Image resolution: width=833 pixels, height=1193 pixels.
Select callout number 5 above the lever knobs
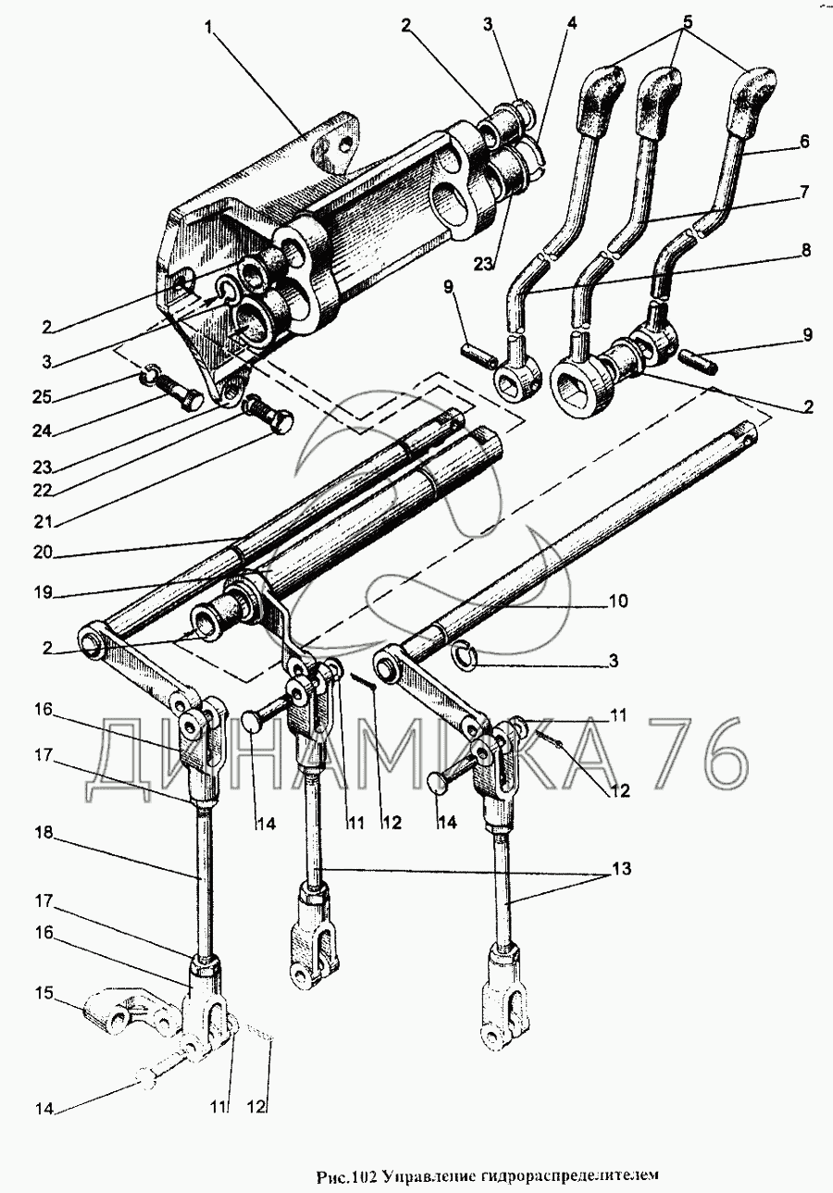click(686, 19)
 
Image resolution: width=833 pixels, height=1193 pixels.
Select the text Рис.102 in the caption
click(344, 1175)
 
